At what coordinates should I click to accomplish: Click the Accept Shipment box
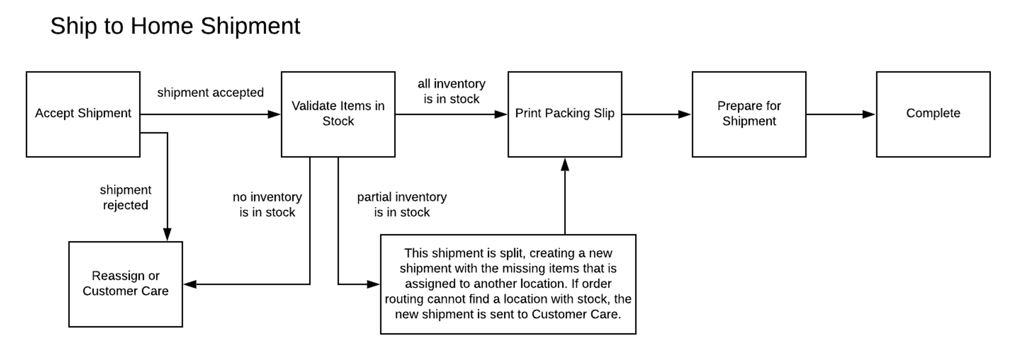point(83,114)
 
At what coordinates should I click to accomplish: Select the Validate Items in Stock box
point(338,114)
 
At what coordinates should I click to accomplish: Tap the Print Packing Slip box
point(565,114)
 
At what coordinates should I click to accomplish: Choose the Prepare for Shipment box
point(749,114)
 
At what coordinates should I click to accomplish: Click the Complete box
point(933,114)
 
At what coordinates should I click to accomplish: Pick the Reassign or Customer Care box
point(126,284)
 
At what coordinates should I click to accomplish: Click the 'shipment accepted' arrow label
point(211,93)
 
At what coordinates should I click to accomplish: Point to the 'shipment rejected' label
point(126,197)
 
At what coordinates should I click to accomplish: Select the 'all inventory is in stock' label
point(451,91)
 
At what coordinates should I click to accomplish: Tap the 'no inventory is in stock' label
point(267,205)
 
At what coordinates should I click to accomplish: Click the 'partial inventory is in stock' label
point(402,205)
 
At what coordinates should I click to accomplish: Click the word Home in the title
point(162,26)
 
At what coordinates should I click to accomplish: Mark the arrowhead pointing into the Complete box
point(869,115)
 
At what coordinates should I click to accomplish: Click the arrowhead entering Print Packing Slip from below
point(565,165)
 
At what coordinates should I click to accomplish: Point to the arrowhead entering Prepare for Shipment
point(684,115)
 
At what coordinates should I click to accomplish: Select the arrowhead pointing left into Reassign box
point(191,284)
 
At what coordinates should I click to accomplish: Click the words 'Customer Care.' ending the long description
point(576,314)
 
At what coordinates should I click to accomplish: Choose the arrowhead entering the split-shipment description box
point(373,284)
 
